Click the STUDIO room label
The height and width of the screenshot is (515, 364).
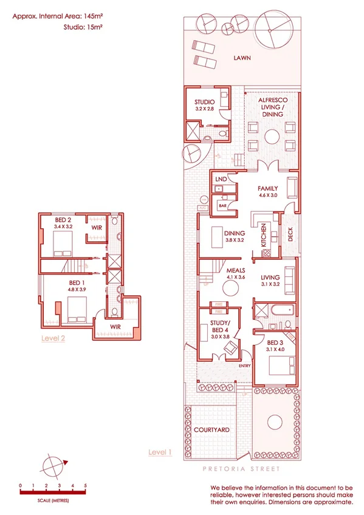coord(205,102)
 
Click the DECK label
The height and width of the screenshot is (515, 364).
coord(290,234)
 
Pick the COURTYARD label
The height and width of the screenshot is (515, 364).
coord(211,429)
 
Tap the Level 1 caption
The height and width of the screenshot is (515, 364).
coord(160,452)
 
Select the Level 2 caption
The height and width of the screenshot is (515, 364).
coord(53,338)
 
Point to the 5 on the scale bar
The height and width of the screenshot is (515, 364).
coord(86,486)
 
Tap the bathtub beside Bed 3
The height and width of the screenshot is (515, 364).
coord(281,311)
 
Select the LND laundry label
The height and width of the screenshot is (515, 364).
coord(221,180)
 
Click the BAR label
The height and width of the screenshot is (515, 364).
coord(223,206)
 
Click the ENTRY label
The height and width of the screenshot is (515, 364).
coord(244,366)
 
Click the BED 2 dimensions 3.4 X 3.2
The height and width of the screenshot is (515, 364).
coord(63,226)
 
